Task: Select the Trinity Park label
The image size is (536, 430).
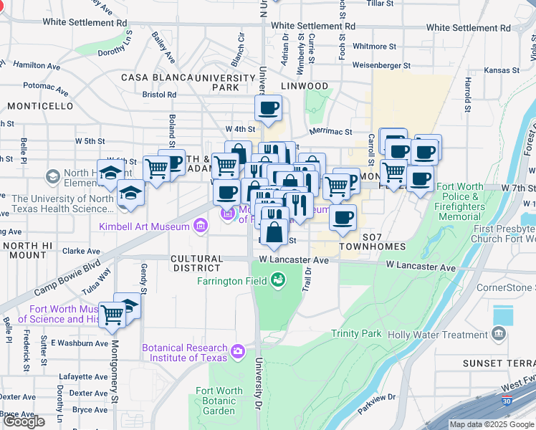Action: (x=357, y=334)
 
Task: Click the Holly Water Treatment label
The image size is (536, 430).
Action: (x=438, y=335)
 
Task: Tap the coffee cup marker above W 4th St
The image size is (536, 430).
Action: (x=269, y=109)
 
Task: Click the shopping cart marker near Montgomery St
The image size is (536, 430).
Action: (x=113, y=315)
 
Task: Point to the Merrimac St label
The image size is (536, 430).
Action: (x=330, y=132)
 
